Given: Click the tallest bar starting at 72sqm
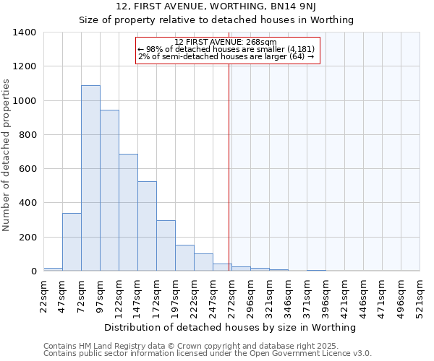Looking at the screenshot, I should coord(90,178).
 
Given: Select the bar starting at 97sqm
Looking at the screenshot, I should coord(109,191).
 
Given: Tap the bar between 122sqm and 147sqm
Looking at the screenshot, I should coord(128,212).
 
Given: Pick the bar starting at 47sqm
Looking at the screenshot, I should coord(72,242).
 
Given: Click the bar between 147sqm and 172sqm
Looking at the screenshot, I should coord(147,226).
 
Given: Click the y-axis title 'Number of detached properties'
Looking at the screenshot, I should coord(7,152).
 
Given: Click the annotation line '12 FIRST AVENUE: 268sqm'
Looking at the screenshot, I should coord(226,42).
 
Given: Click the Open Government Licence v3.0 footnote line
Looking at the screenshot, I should coord(207,354).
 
